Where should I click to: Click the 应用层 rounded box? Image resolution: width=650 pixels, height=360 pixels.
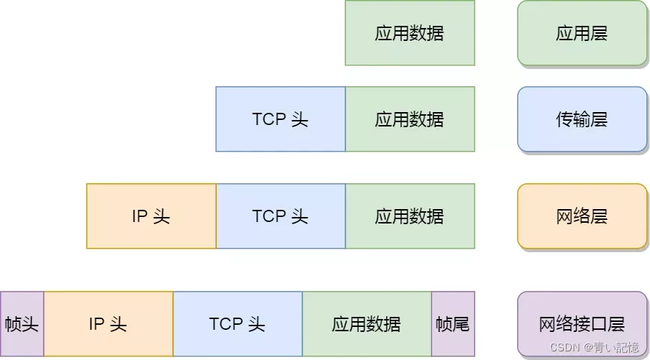point(582,33)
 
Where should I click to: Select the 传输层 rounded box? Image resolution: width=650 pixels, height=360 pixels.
point(582,119)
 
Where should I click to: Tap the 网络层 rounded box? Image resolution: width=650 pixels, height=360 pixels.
point(582,216)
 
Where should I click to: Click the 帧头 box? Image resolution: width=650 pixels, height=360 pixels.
point(22,324)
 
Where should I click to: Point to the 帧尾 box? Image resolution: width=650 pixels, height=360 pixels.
point(452,324)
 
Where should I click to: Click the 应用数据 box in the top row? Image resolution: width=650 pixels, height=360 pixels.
point(409,33)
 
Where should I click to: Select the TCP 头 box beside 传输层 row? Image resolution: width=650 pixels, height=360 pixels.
point(280,119)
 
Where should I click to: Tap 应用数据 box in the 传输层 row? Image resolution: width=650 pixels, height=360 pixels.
point(409,119)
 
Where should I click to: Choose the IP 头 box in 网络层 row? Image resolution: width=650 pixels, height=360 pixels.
point(151,216)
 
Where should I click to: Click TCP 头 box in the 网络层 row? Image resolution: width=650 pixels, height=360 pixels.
point(280,216)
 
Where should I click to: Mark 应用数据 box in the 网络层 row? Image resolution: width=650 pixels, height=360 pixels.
point(409,216)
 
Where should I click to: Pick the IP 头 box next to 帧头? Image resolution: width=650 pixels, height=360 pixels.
point(108,324)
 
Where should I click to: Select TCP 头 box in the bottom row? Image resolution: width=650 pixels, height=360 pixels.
point(237,324)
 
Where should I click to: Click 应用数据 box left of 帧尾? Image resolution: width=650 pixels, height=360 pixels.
point(366,324)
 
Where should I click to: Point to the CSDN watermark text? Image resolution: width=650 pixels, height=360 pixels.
point(565,348)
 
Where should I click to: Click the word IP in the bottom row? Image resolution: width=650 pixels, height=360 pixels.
point(97,324)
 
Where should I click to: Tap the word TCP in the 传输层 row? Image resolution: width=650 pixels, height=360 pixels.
point(269,119)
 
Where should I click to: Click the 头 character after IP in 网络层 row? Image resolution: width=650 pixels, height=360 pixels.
point(162,216)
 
